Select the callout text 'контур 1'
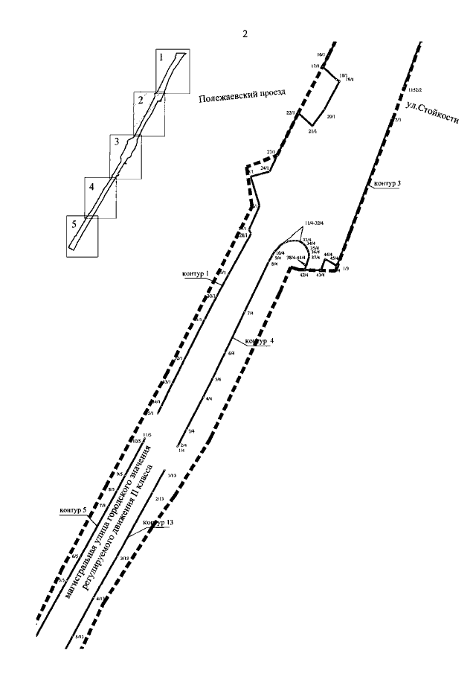click(196, 274)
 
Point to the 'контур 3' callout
click(387, 182)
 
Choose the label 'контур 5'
click(73, 511)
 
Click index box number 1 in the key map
click(160, 56)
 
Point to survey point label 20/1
click(330, 116)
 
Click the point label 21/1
click(312, 132)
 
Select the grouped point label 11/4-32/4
click(313, 223)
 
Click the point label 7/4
click(250, 313)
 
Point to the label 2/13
click(159, 498)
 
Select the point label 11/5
click(147, 434)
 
